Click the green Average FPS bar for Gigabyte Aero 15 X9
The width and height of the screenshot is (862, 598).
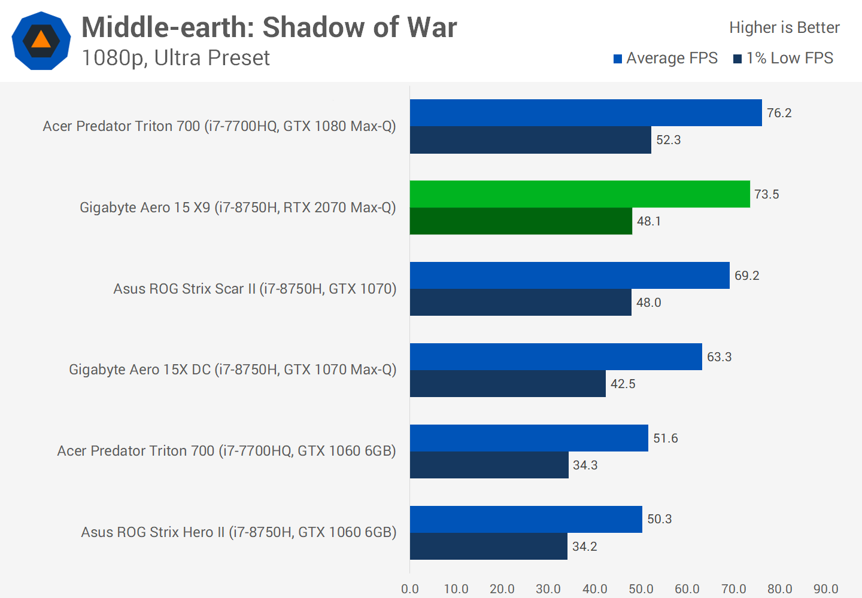pos(579,194)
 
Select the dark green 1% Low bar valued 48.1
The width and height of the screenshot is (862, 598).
pos(521,221)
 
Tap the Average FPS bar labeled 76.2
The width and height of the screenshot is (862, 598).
pos(585,113)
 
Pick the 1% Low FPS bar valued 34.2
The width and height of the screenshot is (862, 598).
pos(488,546)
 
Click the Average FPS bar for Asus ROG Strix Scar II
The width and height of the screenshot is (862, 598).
pos(569,276)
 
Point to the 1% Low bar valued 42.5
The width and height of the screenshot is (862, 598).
pos(508,383)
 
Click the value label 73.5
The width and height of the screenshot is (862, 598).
pos(766,194)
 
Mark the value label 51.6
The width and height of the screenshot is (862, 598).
pos(665,438)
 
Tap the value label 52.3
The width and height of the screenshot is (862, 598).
pos(668,140)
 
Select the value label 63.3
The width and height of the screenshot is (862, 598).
pos(719,357)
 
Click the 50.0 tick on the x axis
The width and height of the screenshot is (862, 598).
pos(641,589)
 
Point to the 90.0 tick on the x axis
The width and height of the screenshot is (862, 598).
pos(825,589)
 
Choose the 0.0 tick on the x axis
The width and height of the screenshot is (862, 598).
pos(410,589)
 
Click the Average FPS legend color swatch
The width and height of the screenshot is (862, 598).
pos(618,59)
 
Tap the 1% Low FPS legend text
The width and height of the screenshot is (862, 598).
pos(790,58)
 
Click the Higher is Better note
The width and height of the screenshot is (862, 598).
pos(784,28)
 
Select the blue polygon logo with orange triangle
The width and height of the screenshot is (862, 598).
pos(41,41)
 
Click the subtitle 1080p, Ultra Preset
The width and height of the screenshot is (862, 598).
pos(175,58)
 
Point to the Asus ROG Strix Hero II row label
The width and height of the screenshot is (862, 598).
pos(239,532)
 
